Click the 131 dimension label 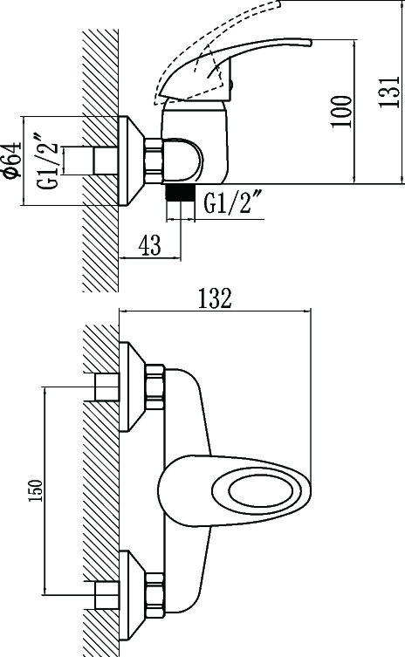389,92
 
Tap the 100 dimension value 340,112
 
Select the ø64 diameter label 11,160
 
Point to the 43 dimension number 149,245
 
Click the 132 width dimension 215,298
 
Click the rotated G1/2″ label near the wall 49,161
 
